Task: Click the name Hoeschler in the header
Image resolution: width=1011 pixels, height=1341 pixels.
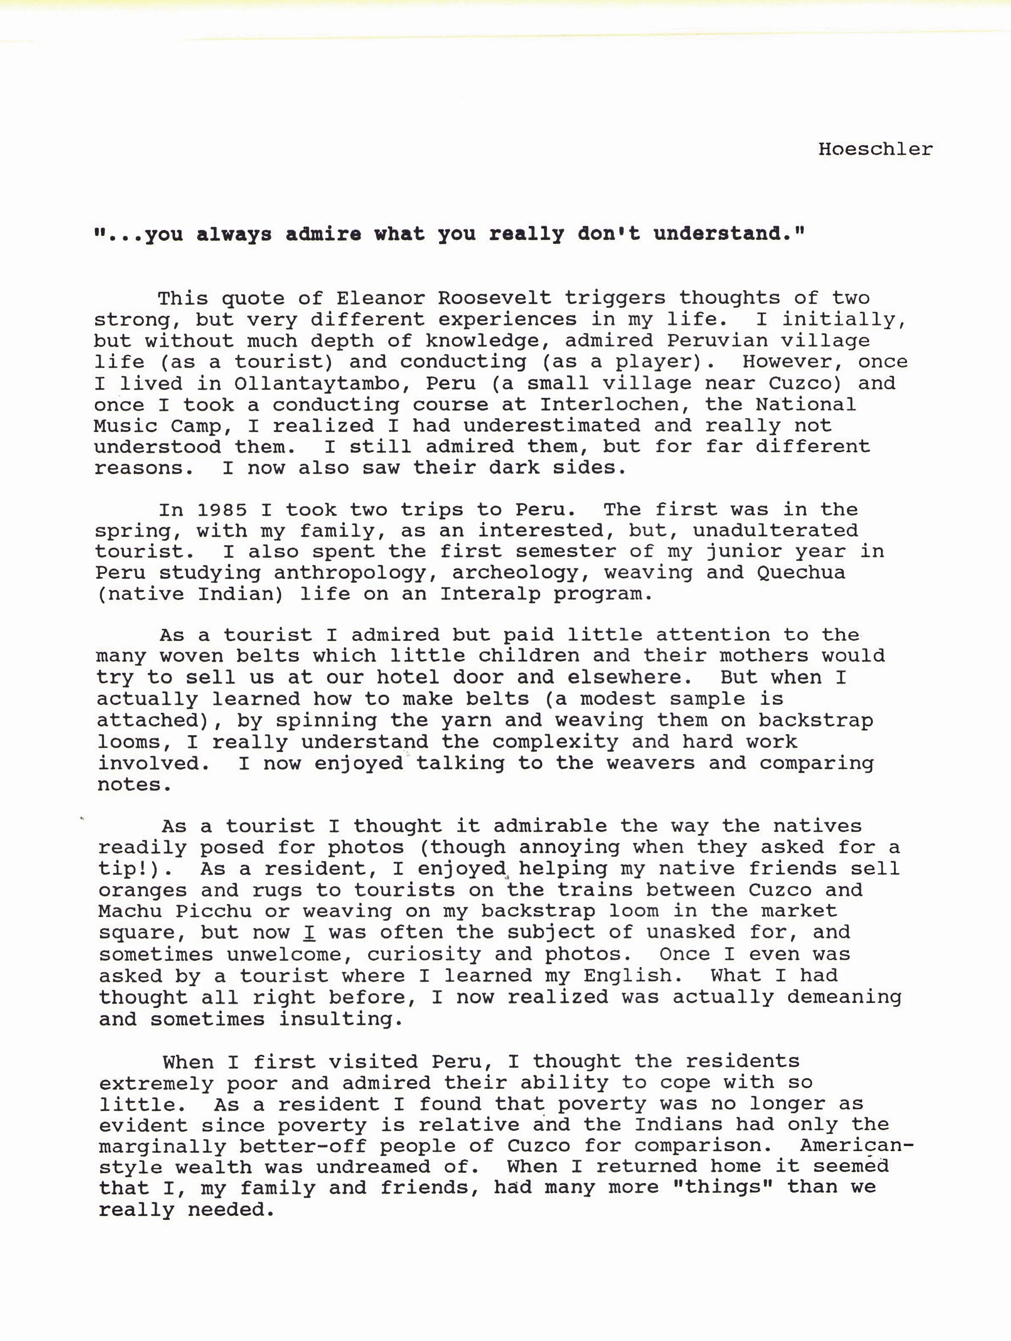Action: (875, 149)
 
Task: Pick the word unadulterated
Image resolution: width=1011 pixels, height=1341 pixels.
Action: (776, 531)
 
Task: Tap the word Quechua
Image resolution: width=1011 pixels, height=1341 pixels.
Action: (800, 572)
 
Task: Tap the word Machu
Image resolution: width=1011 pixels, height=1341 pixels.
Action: (131, 911)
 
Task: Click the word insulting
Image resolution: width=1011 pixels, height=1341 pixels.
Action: (341, 1018)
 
